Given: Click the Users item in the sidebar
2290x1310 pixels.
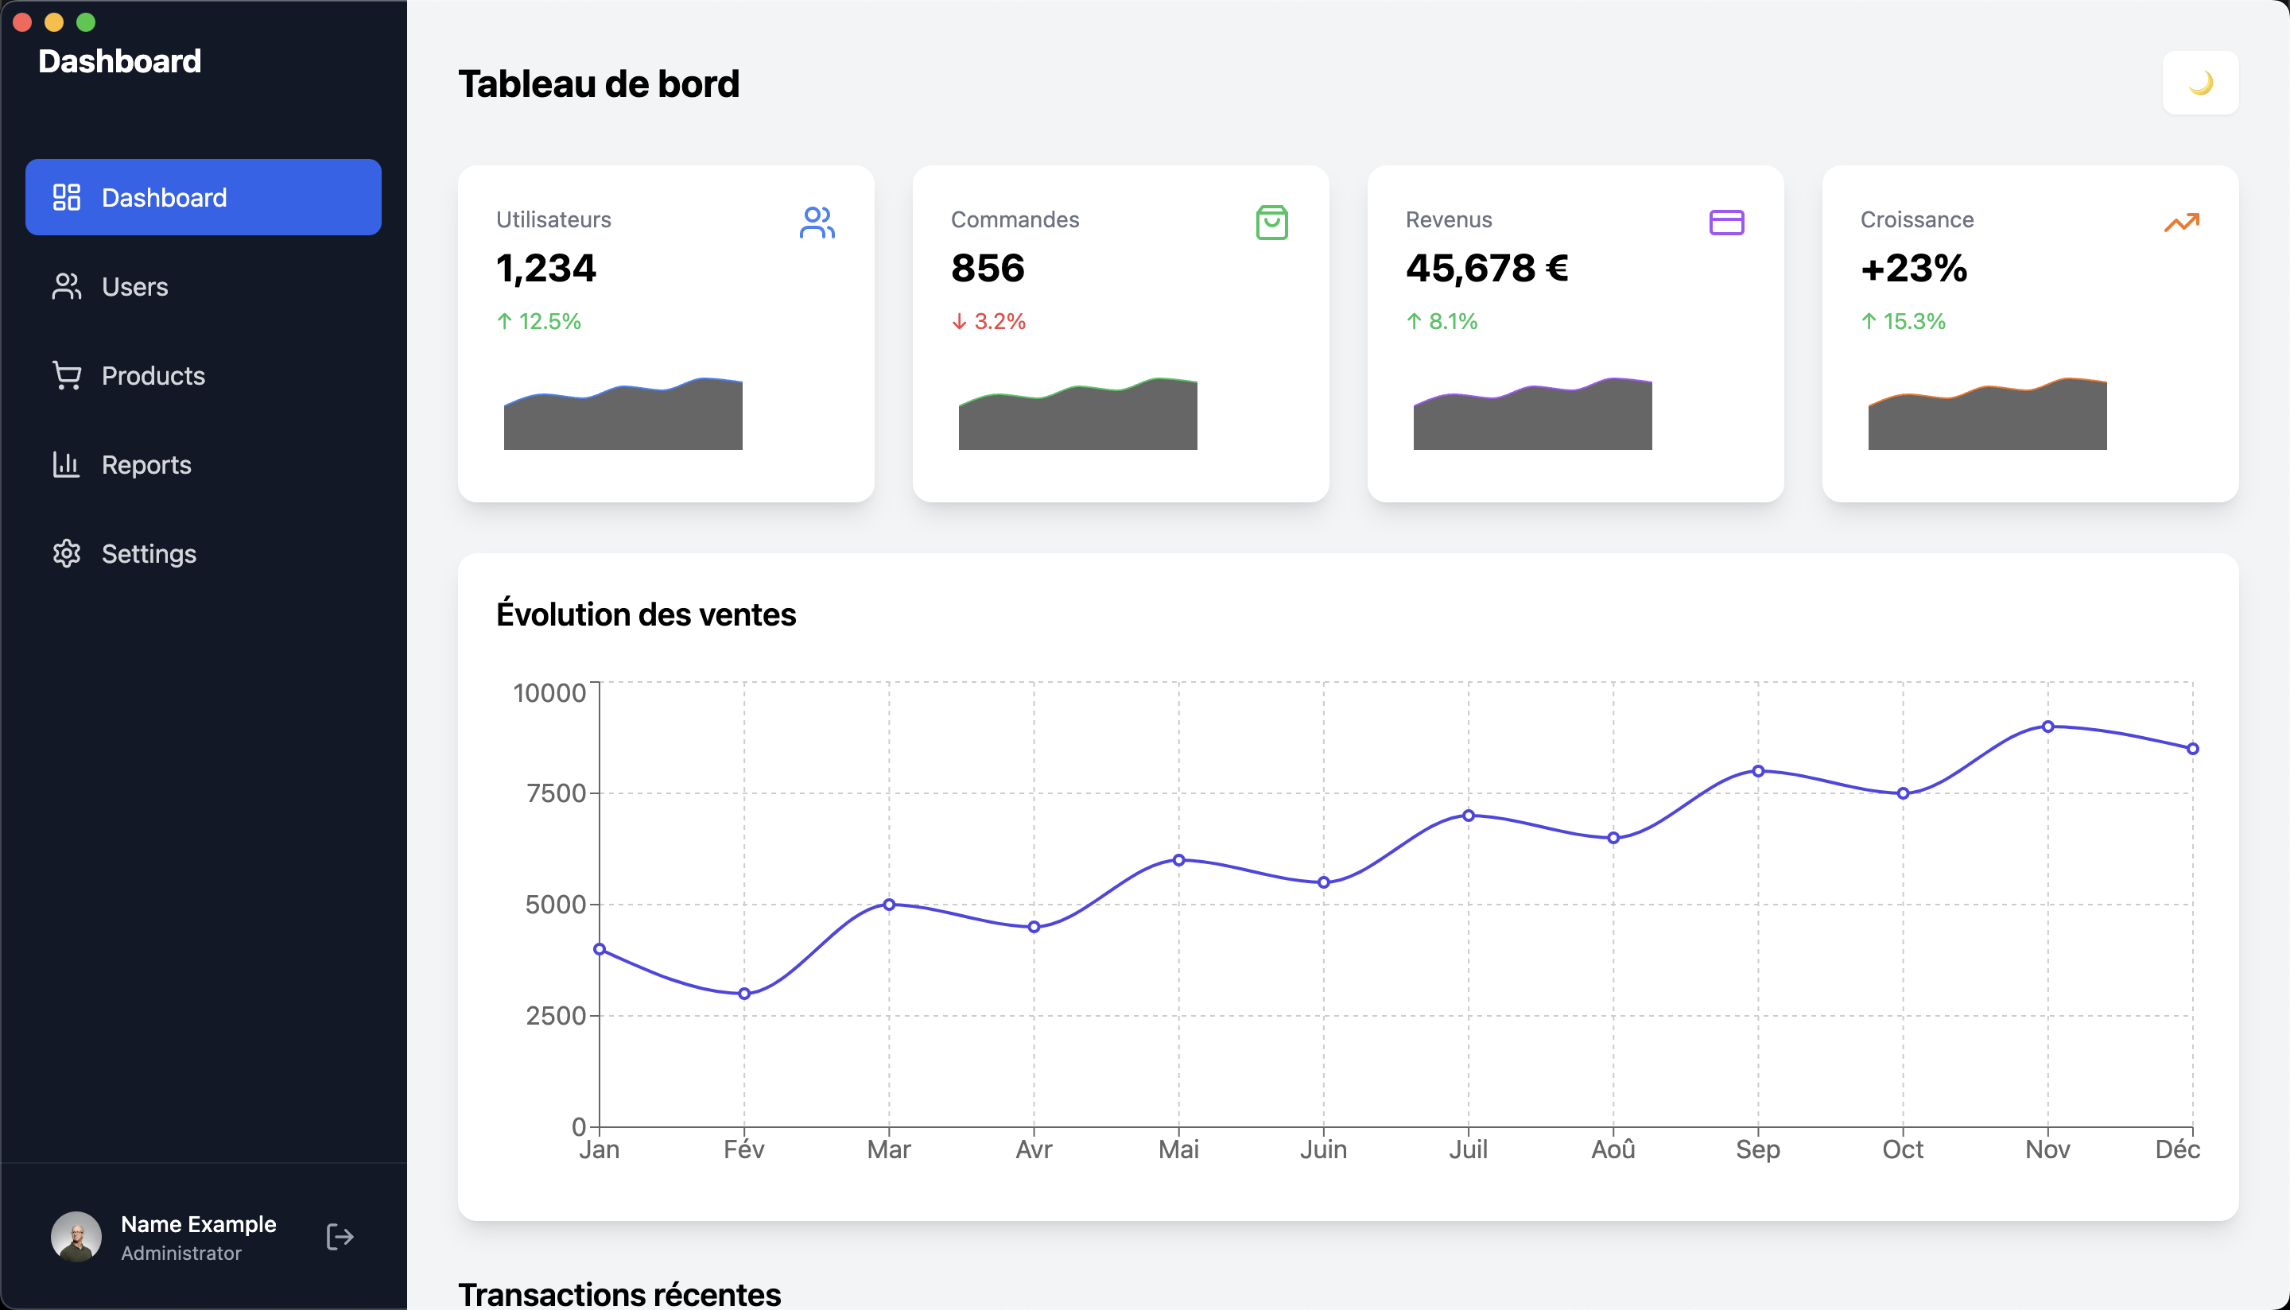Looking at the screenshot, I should coord(135,286).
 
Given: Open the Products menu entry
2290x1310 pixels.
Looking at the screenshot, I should coord(153,375).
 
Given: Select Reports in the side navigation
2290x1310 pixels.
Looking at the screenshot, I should coord(146,464).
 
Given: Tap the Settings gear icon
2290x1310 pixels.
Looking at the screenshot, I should coord(67,553).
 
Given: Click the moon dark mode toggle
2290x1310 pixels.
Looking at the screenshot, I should coord(2199,83).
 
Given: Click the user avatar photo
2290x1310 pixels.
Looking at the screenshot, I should coord(76,1236).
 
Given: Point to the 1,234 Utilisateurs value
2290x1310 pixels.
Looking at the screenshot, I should coord(545,268).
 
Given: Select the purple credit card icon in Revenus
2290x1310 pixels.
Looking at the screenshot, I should coord(1725,223).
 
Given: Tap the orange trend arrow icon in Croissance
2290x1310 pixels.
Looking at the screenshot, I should coord(2181,223).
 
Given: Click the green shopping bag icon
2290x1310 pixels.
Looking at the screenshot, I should coord(1271,223).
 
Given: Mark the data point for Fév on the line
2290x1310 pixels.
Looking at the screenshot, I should coord(744,994).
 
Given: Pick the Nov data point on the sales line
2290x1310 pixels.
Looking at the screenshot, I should coord(2047,726).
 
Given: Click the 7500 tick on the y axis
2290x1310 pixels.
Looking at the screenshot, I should coord(555,793).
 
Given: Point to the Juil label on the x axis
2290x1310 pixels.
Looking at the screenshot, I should coord(1468,1149).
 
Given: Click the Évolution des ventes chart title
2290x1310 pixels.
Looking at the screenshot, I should coord(645,614).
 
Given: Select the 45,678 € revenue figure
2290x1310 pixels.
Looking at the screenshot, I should coord(1486,268).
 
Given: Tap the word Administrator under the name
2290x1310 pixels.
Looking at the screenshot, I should coord(180,1253).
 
